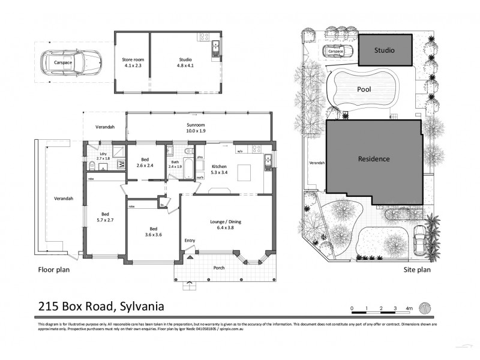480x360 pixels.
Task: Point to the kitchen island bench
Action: pos(244,173)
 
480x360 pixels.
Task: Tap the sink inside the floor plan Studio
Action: pos(215,46)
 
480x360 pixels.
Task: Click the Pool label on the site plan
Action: pos(364,89)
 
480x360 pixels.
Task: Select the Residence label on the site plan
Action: pos(374,159)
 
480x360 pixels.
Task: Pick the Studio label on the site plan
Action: pos(384,50)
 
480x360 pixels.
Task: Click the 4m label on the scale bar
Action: pos(409,308)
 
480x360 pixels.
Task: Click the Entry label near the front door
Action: pos(190,241)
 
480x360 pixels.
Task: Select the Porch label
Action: pos(220,268)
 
